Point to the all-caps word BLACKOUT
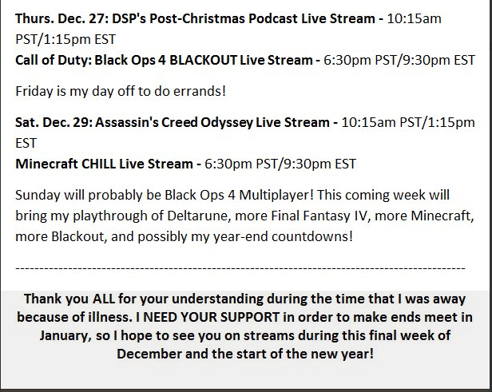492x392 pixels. click(x=203, y=60)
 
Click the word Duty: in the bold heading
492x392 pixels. click(x=73, y=61)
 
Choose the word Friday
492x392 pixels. click(x=34, y=92)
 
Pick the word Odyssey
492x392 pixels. click(x=227, y=123)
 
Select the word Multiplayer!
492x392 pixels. click(x=276, y=196)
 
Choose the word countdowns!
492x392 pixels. click(x=312, y=236)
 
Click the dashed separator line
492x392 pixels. click(x=240, y=268)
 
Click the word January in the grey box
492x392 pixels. click(x=65, y=336)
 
